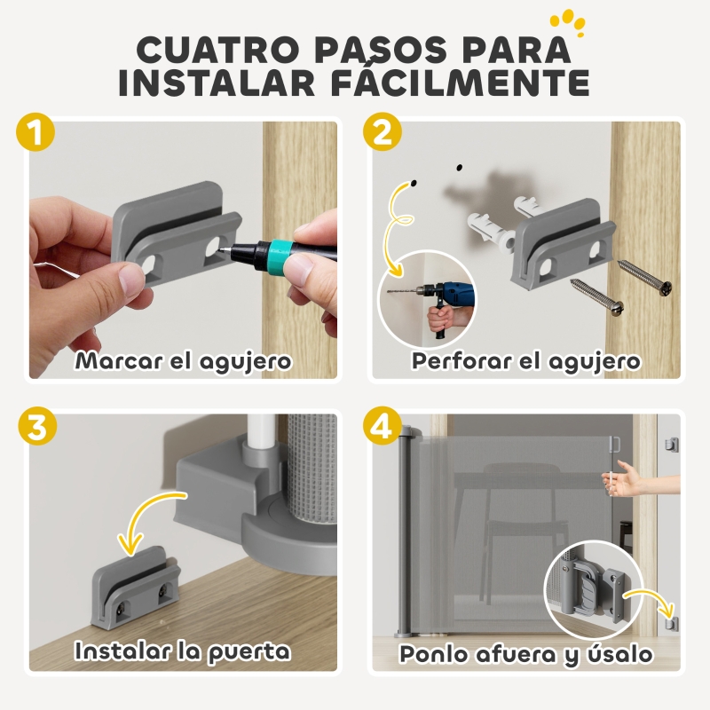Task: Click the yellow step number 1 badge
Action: pos(35,136)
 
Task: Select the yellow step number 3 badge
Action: pos(35,427)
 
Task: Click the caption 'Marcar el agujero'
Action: pos(184,361)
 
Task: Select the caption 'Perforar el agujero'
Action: pos(525,361)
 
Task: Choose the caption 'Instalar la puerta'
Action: pos(183,651)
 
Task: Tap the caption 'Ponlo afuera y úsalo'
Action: pos(525,654)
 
